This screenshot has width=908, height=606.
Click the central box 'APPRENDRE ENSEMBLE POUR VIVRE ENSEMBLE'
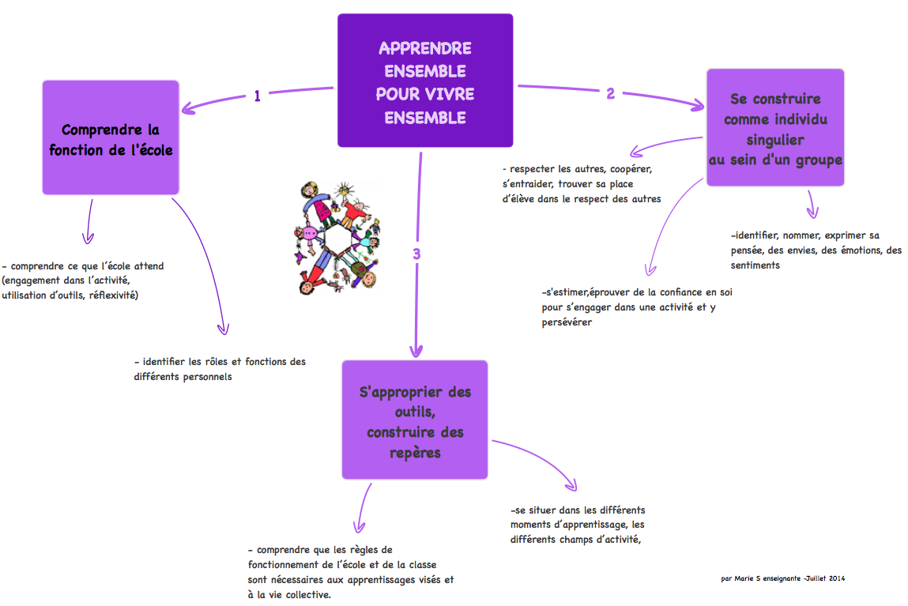click(425, 81)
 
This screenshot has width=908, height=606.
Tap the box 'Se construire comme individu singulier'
click(774, 127)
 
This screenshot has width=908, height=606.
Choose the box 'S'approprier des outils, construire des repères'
click(415, 419)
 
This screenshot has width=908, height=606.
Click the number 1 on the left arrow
click(258, 96)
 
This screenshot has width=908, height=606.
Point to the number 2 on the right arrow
click(610, 93)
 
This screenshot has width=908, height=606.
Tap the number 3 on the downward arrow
click(416, 254)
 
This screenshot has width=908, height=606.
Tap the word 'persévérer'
click(567, 322)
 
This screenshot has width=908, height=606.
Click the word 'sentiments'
click(755, 265)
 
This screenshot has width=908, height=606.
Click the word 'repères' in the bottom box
click(415, 453)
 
